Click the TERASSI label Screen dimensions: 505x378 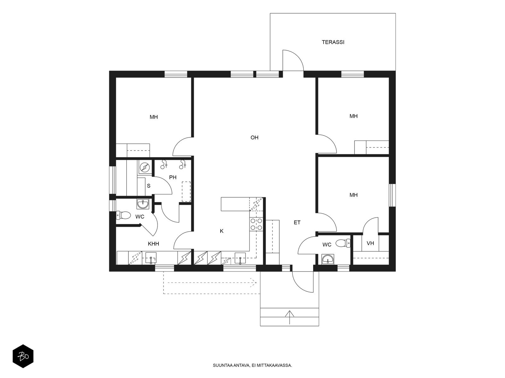(x=333, y=42)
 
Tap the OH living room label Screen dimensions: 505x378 (x=254, y=137)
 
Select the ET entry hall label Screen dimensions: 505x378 (x=297, y=222)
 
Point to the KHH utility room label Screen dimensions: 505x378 (x=153, y=244)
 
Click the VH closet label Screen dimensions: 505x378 (x=370, y=243)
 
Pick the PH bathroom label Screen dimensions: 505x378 (x=173, y=177)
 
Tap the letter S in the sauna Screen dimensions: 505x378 (x=149, y=186)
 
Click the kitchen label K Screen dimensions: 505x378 (x=222, y=231)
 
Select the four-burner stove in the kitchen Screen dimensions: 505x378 (x=256, y=224)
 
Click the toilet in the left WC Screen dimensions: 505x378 (x=123, y=215)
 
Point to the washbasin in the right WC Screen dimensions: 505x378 (x=327, y=259)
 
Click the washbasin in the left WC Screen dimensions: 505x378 (x=143, y=204)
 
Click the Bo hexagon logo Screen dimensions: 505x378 (x=23, y=356)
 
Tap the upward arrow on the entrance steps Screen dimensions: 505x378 (x=289, y=317)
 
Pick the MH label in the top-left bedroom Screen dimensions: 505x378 (x=154, y=117)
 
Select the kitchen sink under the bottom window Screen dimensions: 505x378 (x=240, y=258)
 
